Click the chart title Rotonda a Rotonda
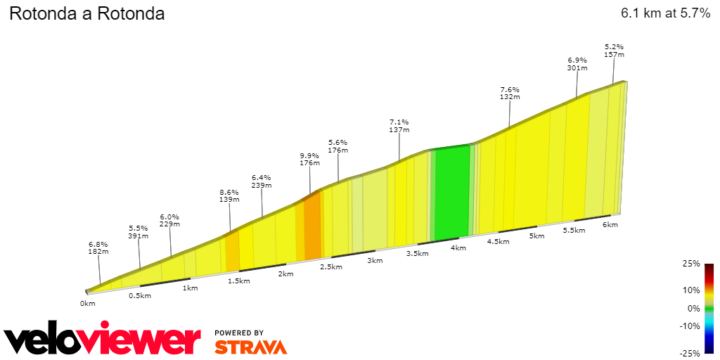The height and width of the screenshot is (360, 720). click(86, 13)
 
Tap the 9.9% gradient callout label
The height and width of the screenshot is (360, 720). click(309, 159)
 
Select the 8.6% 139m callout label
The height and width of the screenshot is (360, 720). click(229, 195)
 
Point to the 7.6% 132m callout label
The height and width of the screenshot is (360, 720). click(509, 94)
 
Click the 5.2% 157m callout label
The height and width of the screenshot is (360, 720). click(614, 51)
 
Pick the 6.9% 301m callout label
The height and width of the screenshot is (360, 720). click(577, 65)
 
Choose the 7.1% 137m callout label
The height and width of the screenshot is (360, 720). click(399, 126)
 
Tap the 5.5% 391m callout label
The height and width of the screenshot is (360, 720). click(139, 232)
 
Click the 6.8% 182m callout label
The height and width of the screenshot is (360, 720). click(98, 247)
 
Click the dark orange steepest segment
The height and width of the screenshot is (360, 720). click(312, 225)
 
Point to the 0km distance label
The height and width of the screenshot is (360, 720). click(87, 304)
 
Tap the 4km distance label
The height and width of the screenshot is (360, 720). click(458, 248)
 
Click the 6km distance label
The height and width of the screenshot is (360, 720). click(610, 225)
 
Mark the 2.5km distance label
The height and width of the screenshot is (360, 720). click(331, 267)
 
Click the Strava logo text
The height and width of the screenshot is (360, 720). click(250, 347)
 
